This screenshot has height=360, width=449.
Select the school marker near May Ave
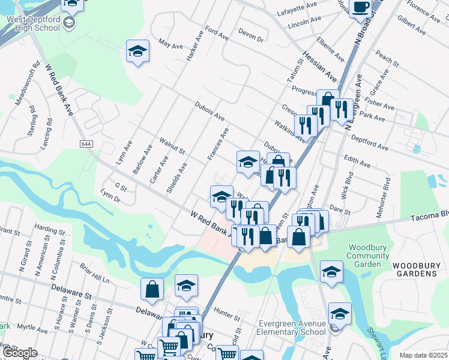click(137, 52)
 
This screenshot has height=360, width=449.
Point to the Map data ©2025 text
click(424, 355)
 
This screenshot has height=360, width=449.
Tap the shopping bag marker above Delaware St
click(152, 289)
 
